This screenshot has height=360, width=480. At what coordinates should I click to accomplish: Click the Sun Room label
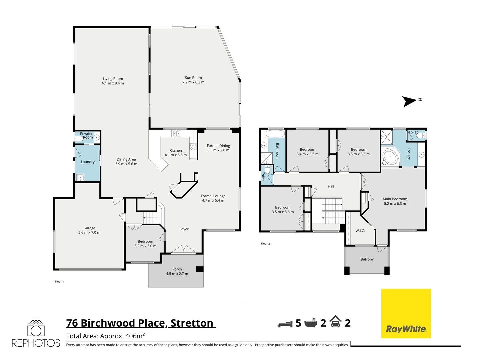pos(193,78)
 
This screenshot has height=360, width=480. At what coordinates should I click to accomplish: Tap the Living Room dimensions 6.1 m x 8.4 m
pos(113,83)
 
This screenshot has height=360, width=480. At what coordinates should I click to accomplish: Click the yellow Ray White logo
pos(406,313)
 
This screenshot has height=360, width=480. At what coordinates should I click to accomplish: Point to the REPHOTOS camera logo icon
pos(36,329)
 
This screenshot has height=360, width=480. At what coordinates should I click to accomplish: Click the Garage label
pos(89,228)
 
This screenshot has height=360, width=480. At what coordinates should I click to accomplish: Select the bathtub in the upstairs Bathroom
pos(275,134)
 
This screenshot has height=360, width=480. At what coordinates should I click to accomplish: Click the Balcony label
pos(367,259)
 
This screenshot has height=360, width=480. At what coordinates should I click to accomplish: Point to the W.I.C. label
pos(360,231)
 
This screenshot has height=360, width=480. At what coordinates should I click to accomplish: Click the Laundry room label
pos(88,162)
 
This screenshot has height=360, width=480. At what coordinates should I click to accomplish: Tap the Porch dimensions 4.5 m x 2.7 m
pos(177,274)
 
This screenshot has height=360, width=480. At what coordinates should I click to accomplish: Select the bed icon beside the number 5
pos(285,323)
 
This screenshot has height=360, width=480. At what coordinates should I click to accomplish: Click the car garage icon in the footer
pos(335,322)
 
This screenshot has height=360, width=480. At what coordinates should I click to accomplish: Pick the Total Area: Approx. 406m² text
pos(105,336)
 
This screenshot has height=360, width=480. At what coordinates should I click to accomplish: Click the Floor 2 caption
pos(265,244)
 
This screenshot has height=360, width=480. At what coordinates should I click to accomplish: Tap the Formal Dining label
pos(218,146)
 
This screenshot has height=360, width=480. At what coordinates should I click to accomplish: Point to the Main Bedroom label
pos(395,199)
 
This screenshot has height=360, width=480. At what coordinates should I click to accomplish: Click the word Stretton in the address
pos(192,323)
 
